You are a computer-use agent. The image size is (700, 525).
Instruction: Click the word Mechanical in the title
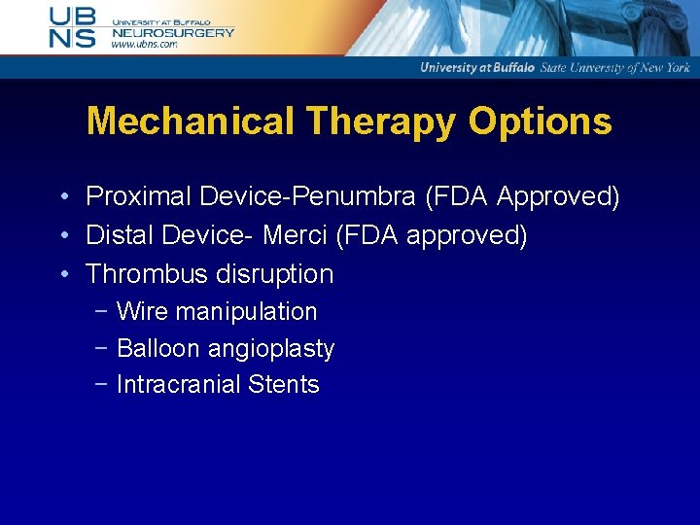190,122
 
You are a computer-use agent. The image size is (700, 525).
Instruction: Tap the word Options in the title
541,122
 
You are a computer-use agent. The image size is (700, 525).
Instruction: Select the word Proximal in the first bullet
139,197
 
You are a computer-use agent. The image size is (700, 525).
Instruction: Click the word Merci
294,235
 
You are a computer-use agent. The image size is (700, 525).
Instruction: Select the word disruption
275,274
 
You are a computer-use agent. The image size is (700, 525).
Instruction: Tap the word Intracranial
179,385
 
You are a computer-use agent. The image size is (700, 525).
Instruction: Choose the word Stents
284,385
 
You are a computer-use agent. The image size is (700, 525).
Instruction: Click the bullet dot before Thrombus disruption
62,275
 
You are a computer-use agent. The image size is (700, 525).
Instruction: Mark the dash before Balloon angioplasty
102,348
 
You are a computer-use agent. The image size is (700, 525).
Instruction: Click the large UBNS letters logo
73,27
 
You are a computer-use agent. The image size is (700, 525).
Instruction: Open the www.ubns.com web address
144,45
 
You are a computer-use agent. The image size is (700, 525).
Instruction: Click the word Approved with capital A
557,197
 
